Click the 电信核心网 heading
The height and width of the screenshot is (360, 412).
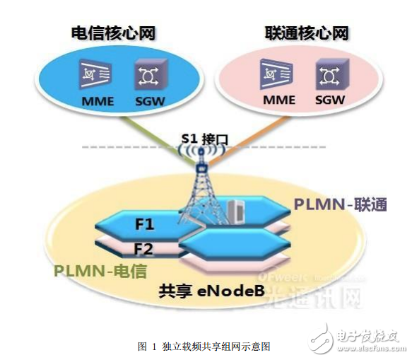pyautogui.click(x=112, y=33)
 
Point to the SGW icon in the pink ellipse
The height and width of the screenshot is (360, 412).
pyautogui.click(x=329, y=75)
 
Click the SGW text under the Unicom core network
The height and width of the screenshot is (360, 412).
pyautogui.click(x=329, y=100)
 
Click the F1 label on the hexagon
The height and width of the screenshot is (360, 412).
pyautogui.click(x=146, y=226)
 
